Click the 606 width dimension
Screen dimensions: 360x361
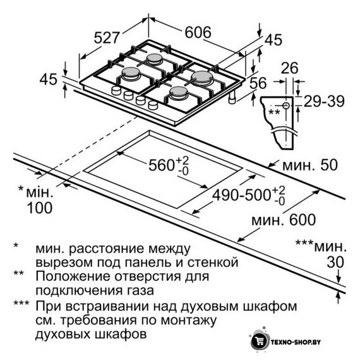(x=198, y=32)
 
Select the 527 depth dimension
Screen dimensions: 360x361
(x=107, y=38)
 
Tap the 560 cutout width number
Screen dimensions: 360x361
(x=161, y=165)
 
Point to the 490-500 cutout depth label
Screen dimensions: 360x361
(x=241, y=195)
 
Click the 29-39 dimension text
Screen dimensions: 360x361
(x=324, y=101)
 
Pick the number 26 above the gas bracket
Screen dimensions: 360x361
(x=289, y=68)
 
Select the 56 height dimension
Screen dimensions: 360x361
(x=258, y=83)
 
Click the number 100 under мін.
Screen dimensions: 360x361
(x=40, y=208)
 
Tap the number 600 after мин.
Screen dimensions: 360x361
(x=303, y=220)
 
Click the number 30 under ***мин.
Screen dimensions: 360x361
(x=335, y=262)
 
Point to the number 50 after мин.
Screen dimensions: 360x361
(x=329, y=165)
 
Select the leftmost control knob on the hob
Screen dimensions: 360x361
(x=116, y=90)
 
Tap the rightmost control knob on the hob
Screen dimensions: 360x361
(x=153, y=105)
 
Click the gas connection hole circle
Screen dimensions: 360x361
(x=286, y=105)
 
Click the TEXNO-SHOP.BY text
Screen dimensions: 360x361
(x=296, y=342)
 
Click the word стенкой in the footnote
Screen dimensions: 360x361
(x=212, y=263)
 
